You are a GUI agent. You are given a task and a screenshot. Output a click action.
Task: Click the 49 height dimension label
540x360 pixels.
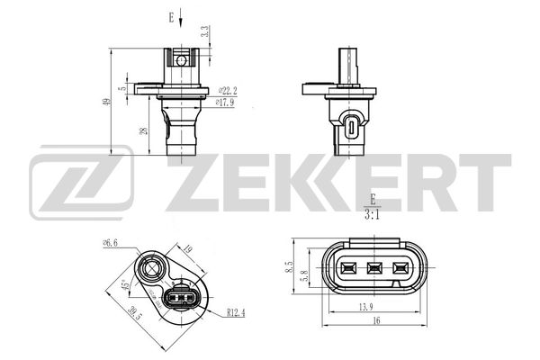pos(108,102)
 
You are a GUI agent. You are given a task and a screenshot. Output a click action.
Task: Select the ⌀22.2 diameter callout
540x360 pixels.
pos(228,91)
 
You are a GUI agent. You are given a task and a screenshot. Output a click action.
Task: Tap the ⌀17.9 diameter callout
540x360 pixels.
pos(225,103)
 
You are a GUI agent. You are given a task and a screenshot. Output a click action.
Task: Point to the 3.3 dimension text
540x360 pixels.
pos(205,31)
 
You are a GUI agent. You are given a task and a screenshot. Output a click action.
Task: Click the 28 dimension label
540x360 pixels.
pos(145,130)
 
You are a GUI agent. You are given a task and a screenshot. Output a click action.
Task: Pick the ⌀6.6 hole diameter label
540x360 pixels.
pos(110,243)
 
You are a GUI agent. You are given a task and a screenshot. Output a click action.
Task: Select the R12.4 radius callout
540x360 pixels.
pos(236,312)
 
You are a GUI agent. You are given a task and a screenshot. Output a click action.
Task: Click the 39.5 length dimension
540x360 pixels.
pos(135,313)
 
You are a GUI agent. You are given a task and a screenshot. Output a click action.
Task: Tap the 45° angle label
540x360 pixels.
pos(125,284)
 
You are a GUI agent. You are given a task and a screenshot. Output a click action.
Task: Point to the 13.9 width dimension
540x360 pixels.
pos(366,306)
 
